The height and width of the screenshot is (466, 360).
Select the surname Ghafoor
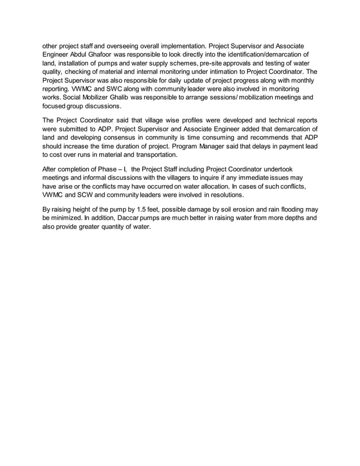(111, 54)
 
